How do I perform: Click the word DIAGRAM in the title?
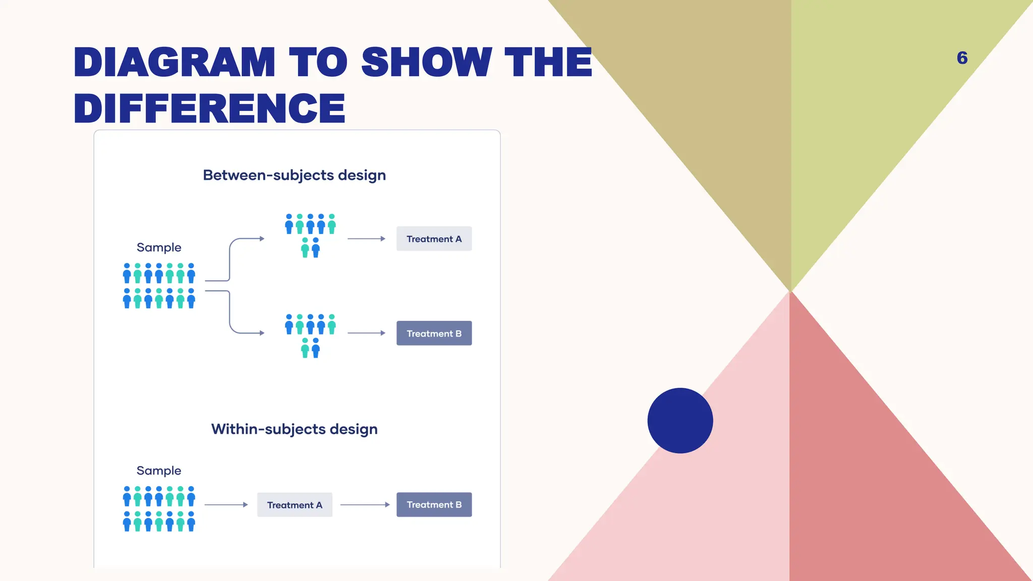coord(174,62)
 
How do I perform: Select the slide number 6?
coord(962,58)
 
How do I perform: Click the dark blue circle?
coord(680,420)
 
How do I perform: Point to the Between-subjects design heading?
coord(294,175)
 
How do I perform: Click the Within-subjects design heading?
coord(294,429)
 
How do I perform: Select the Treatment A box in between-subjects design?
coord(434,239)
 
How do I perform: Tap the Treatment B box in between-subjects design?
coord(434,333)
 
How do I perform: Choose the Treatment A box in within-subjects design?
coord(295,505)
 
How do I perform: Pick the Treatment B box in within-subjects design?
coord(434,505)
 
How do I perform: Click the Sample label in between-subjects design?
coord(159,247)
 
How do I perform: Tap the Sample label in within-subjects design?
coord(159,471)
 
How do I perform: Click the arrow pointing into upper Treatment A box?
coord(366,239)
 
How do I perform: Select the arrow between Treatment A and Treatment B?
coord(365,505)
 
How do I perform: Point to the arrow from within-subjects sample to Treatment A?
coord(226,505)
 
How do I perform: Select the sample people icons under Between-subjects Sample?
coord(159,285)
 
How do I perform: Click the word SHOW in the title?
coord(426,62)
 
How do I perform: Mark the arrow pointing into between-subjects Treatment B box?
coord(366,333)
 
